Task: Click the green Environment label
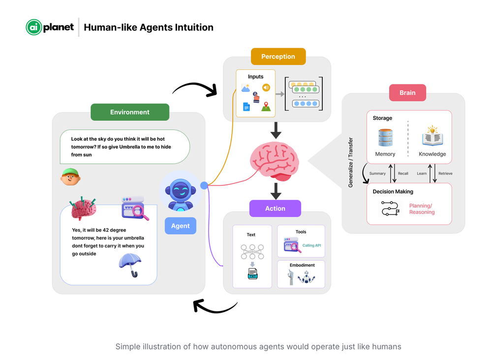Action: pos(130,112)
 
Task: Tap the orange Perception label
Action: pos(278,57)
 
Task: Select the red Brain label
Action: pos(407,93)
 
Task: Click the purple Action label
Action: pos(275,209)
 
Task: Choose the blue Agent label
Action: pos(180,226)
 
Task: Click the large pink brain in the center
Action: pos(275,160)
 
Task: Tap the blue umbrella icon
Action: pos(130,265)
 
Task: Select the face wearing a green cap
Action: pos(70,177)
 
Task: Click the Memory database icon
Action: pos(385,137)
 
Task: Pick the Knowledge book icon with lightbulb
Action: pos(432,137)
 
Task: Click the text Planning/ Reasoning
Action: pos(422,209)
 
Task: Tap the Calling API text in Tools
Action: pos(311,245)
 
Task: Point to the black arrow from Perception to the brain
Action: pos(276,130)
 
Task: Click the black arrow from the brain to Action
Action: pos(276,191)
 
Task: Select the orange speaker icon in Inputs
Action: pos(266,88)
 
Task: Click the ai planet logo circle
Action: pos(33,28)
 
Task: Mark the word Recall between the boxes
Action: pos(403,174)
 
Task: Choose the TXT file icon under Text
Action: pos(252,273)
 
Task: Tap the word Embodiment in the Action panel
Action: pos(302,265)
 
